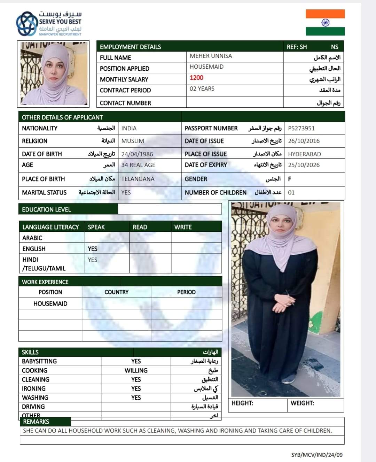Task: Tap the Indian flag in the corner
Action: (x=325, y=22)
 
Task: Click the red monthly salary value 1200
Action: (x=196, y=78)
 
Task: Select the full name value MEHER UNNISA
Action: (x=211, y=56)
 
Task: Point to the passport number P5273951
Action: (x=301, y=128)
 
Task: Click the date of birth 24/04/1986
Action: (x=137, y=154)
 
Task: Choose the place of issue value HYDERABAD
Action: (x=304, y=154)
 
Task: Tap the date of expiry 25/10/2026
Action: (x=304, y=165)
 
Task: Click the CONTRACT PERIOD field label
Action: (x=125, y=90)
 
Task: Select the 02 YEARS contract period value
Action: (x=202, y=88)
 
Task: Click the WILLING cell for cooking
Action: (x=136, y=370)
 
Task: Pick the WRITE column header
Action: (x=183, y=227)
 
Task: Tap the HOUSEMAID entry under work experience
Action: (x=50, y=303)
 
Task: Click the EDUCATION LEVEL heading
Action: (x=46, y=209)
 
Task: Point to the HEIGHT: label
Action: (x=242, y=403)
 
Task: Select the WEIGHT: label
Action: (x=302, y=403)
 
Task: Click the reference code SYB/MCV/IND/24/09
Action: (x=317, y=455)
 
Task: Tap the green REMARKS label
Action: (x=36, y=422)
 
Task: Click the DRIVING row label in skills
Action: (x=33, y=407)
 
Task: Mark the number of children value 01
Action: (x=291, y=192)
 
